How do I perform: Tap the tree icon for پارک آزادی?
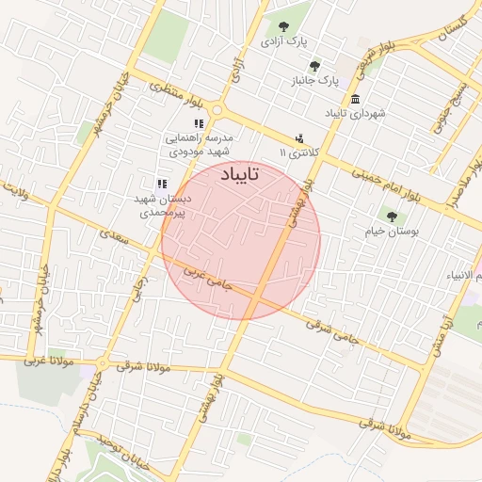(x=282, y=26)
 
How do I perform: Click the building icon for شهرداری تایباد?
(x=354, y=100)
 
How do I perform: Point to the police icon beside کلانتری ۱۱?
(x=299, y=137)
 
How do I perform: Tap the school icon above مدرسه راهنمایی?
(x=198, y=123)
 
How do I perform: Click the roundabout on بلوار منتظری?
(x=218, y=108)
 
